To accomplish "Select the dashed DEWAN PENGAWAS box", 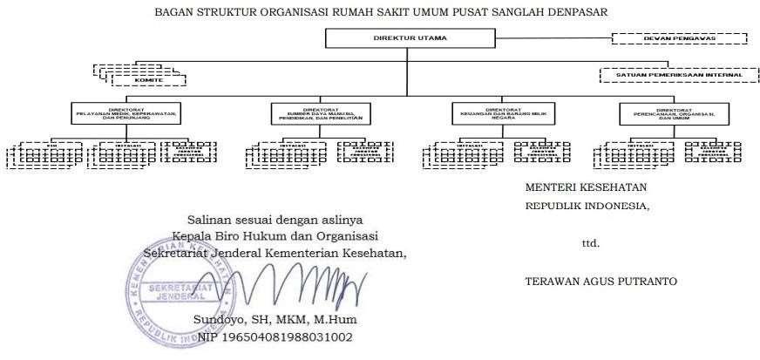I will click(678, 38).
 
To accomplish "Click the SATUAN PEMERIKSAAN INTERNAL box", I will click(673, 75).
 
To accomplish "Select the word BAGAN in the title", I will click(173, 11).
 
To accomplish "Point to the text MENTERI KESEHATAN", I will click(586, 187).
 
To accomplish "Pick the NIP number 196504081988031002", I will click(275, 337).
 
